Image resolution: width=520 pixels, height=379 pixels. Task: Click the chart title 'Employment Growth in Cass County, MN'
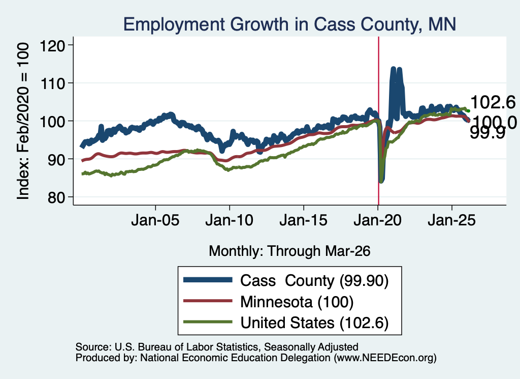tap(289, 24)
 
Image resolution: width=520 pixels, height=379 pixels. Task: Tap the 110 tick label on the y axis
tap(52, 83)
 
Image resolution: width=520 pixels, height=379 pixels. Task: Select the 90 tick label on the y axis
tap(56, 159)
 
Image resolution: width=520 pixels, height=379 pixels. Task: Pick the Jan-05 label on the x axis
tap(155, 220)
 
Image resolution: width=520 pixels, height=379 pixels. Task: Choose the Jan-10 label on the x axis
tap(229, 220)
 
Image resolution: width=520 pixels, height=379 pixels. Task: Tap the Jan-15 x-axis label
tap(304, 220)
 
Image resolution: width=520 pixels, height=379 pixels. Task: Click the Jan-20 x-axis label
tap(377, 220)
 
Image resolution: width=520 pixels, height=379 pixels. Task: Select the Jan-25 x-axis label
tap(451, 220)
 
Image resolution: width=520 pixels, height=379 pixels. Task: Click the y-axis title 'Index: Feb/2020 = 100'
tap(23, 121)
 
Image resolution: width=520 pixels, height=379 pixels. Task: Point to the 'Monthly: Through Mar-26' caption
tap(289, 251)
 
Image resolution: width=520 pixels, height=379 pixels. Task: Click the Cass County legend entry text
tap(314, 281)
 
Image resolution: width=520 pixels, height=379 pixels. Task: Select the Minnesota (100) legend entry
tap(297, 302)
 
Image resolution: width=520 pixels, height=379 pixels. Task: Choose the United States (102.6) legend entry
tap(314, 323)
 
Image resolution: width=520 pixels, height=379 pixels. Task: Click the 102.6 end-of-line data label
tap(493, 102)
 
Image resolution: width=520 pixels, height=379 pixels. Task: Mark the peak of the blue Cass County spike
tap(394, 69)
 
